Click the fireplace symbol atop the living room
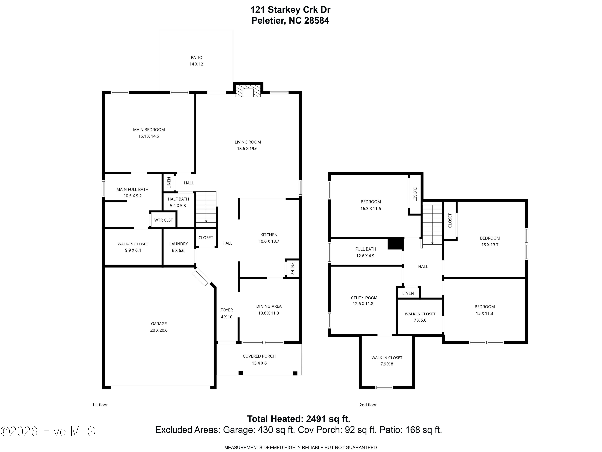248,91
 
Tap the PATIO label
196,57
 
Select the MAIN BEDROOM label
149,130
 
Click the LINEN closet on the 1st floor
169,183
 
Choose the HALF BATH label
178,199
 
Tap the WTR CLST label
163,220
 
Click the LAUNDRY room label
179,244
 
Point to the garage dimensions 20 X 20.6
159,330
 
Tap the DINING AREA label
269,306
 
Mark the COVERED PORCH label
259,356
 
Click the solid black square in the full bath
395,244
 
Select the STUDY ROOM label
364,298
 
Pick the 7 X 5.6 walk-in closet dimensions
420,320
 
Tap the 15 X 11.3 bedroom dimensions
484,313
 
